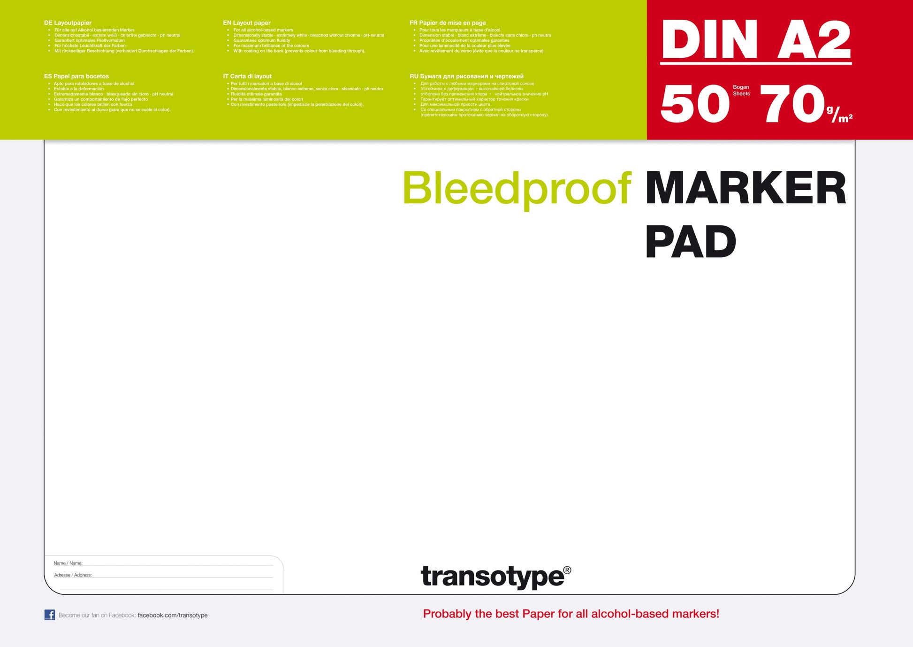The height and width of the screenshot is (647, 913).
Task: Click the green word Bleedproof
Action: [517, 189]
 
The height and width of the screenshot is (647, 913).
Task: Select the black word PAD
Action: [691, 242]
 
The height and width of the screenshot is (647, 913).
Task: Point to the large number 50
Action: [695, 104]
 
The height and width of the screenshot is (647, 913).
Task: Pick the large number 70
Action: [792, 104]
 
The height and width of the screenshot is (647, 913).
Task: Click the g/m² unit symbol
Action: [839, 115]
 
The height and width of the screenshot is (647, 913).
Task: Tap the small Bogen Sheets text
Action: [741, 91]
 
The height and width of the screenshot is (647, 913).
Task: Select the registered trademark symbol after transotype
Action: [567, 570]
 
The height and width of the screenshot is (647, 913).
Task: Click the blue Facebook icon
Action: [50, 615]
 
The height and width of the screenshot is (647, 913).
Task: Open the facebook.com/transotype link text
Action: [173, 615]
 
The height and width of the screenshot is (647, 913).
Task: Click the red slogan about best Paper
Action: [571, 614]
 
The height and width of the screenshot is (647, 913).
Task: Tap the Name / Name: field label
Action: [68, 563]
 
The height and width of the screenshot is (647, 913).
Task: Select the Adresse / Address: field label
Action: [73, 575]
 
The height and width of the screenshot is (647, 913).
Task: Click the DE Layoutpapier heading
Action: [68, 23]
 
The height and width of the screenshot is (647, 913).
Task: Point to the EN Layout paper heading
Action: [247, 23]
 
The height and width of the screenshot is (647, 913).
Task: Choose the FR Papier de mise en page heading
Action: [448, 23]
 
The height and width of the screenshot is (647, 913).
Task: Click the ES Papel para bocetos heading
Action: [76, 76]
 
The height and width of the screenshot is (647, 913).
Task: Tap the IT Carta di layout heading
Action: [247, 76]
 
